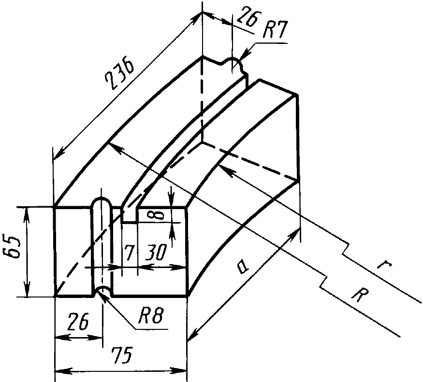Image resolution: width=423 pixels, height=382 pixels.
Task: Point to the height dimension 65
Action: click(13, 248)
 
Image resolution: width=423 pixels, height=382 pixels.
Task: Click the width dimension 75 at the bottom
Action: click(122, 355)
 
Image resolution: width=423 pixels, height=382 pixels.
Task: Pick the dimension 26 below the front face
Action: click(78, 321)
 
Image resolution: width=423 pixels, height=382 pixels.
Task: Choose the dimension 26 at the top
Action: click(248, 17)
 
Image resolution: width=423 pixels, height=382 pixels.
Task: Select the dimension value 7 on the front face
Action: click(128, 253)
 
